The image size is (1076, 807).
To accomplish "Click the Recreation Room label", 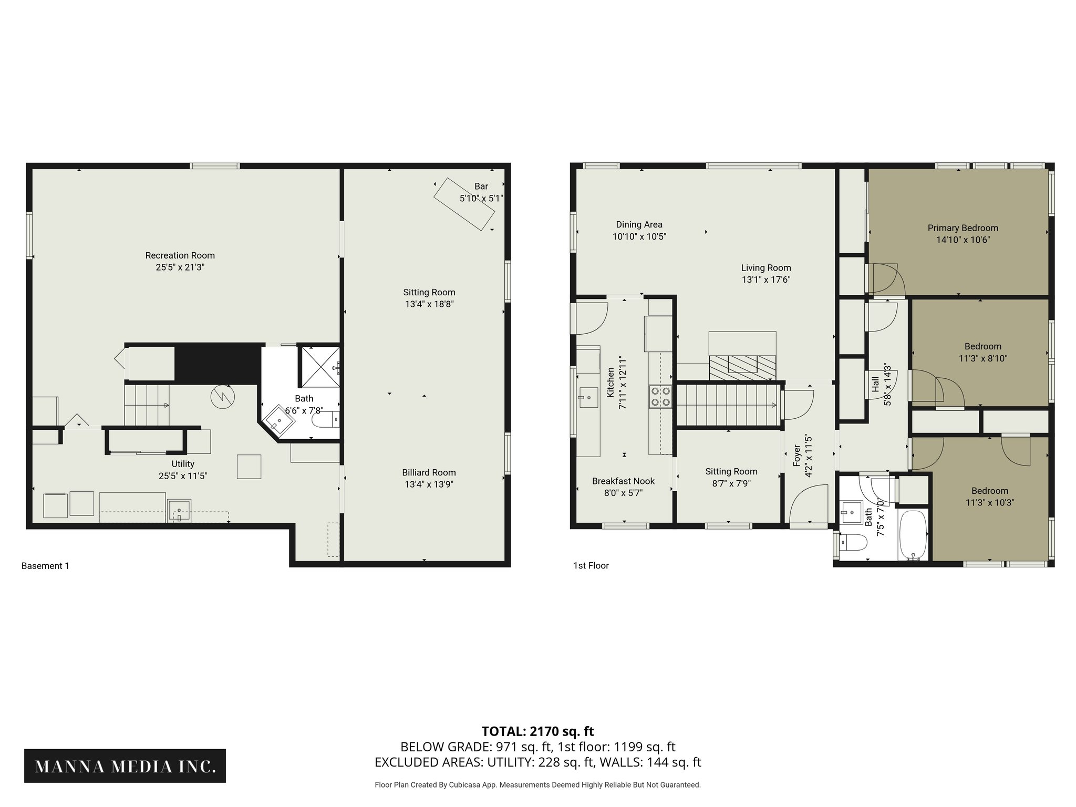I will tap(180, 255).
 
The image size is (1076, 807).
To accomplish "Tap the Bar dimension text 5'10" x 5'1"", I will tap(481, 199).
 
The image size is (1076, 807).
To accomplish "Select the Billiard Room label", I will tap(429, 472).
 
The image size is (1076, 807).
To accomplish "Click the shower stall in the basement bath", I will tap(319, 366).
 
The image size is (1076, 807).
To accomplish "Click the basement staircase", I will tap(147, 405).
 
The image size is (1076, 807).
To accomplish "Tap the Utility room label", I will tap(183, 464).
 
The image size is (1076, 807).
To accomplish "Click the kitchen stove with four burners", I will tap(660, 396).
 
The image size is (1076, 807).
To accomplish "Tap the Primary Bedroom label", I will tap(963, 228).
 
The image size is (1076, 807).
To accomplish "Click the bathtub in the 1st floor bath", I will tap(914, 535).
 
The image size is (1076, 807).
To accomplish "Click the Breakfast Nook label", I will tap(623, 481).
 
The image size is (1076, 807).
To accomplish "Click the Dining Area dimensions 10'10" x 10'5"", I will tap(639, 237).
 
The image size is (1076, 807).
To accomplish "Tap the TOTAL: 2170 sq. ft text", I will tap(537, 731).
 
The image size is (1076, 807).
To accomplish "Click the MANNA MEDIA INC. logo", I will tap(125, 767).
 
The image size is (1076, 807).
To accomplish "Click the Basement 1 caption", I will tap(45, 566).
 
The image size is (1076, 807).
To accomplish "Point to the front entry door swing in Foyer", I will tap(806, 504).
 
